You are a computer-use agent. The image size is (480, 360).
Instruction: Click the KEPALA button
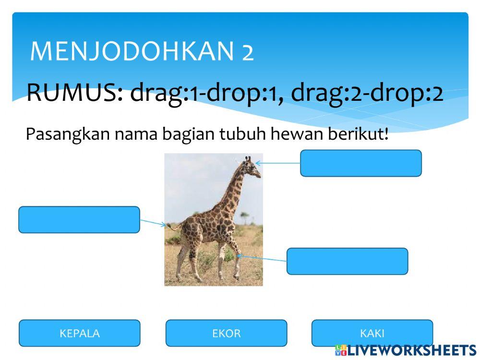(80, 333)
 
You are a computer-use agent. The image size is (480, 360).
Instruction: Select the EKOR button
(226, 333)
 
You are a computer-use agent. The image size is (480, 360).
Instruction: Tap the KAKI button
(372, 333)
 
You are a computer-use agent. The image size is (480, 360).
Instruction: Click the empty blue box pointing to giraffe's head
(361, 163)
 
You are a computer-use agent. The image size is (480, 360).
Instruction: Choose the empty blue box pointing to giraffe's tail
(79, 220)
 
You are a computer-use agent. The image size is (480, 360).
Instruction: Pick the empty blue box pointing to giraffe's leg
(347, 261)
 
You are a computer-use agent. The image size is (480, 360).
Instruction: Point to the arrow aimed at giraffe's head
(278, 163)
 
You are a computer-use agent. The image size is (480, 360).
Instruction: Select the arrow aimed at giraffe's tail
(153, 223)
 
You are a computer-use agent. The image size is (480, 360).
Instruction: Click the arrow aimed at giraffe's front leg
(262, 258)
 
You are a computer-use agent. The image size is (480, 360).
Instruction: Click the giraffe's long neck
(235, 192)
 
